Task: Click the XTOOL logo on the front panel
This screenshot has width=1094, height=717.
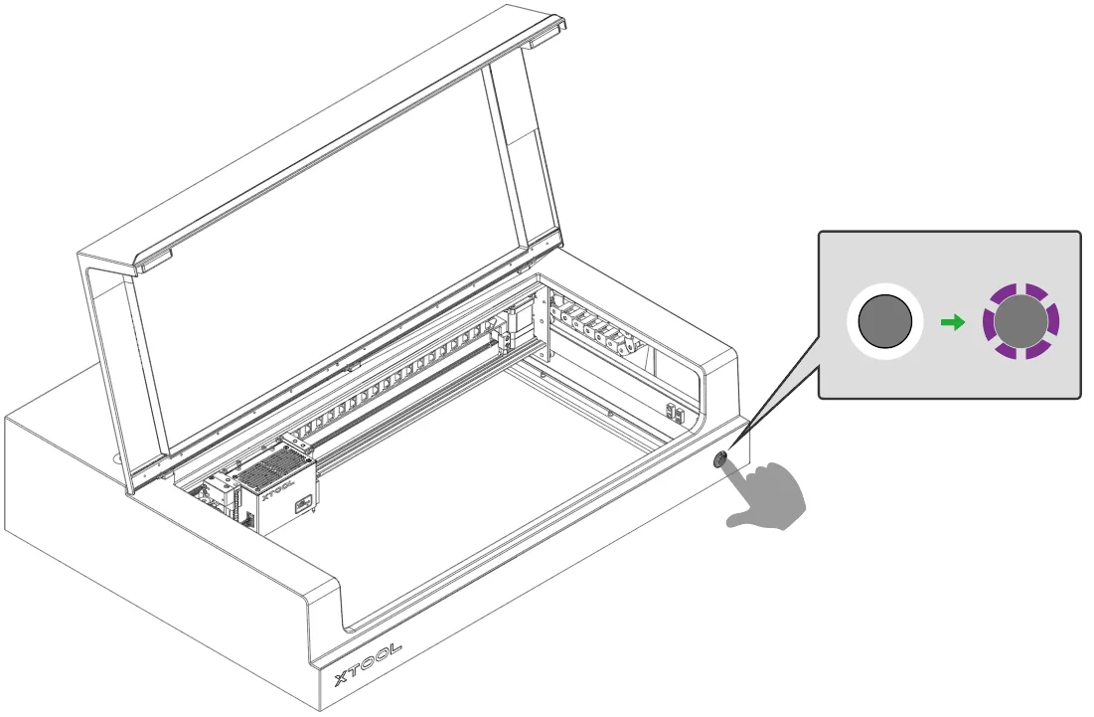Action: pyautogui.click(x=368, y=664)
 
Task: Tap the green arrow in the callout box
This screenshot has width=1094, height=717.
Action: pyautogui.click(x=952, y=322)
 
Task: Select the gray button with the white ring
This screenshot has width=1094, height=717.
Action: pyautogui.click(x=884, y=322)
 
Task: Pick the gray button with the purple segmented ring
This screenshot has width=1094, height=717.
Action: pyautogui.click(x=1020, y=322)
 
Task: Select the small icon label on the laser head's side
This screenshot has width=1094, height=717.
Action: pyautogui.click(x=301, y=504)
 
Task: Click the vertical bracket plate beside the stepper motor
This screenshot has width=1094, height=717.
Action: pyautogui.click(x=541, y=324)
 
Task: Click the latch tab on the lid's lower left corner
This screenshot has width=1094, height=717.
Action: pyautogui.click(x=153, y=262)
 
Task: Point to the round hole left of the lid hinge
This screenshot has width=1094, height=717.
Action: pyautogui.click(x=116, y=459)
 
